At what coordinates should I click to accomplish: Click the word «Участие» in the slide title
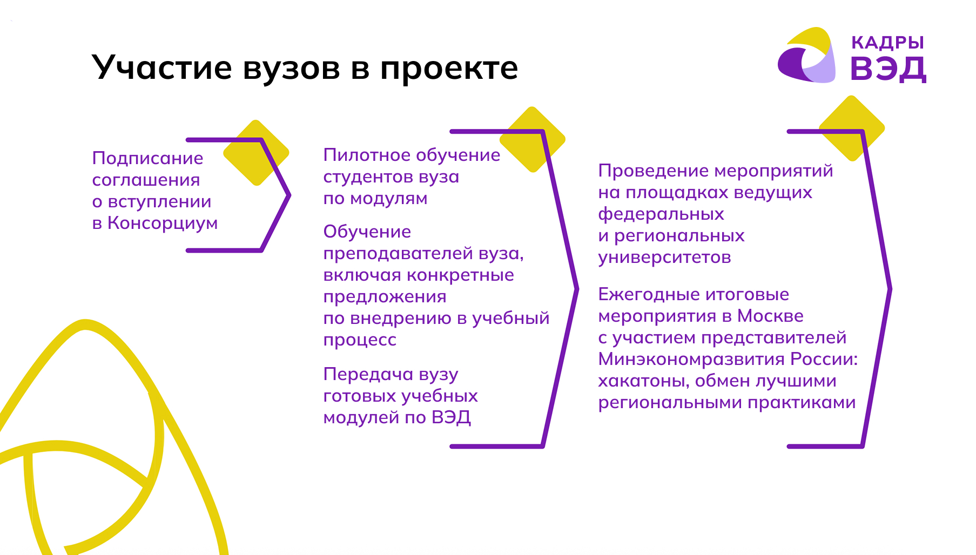[163, 68]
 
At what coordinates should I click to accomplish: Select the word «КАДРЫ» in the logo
[887, 43]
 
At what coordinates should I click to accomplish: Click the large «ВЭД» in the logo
[889, 69]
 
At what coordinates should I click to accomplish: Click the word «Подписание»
[147, 158]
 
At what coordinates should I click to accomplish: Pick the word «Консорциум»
[163, 223]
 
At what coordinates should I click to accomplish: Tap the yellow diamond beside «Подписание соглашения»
[256, 153]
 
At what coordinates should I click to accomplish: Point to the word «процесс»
[360, 340]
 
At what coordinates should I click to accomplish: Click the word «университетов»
[664, 258]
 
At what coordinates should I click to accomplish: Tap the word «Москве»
[770, 316]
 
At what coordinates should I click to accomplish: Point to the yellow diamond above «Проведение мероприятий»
[852, 128]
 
